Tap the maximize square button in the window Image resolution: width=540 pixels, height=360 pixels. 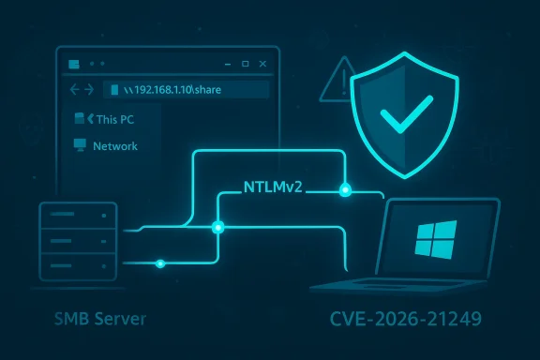tap(245, 64)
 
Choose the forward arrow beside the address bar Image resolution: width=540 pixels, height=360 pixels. tap(89, 91)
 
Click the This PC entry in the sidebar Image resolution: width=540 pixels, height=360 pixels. tap(113, 120)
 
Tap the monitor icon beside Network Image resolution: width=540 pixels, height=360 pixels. tap(80, 146)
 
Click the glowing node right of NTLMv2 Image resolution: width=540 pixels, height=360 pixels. tap(346, 189)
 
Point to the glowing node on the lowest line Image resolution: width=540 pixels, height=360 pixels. tap(161, 263)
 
